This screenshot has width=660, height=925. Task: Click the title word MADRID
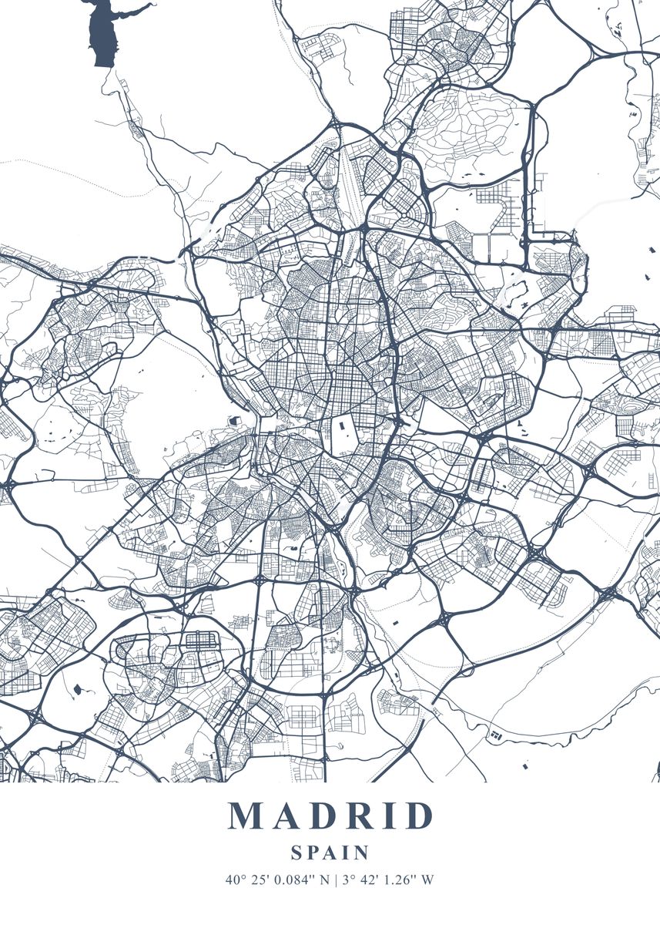[330, 816]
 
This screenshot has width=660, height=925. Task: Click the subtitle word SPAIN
[330, 853]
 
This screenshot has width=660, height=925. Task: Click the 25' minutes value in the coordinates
[256, 879]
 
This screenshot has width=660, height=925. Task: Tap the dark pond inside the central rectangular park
[340, 423]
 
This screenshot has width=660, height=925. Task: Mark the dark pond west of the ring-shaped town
[78, 688]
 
